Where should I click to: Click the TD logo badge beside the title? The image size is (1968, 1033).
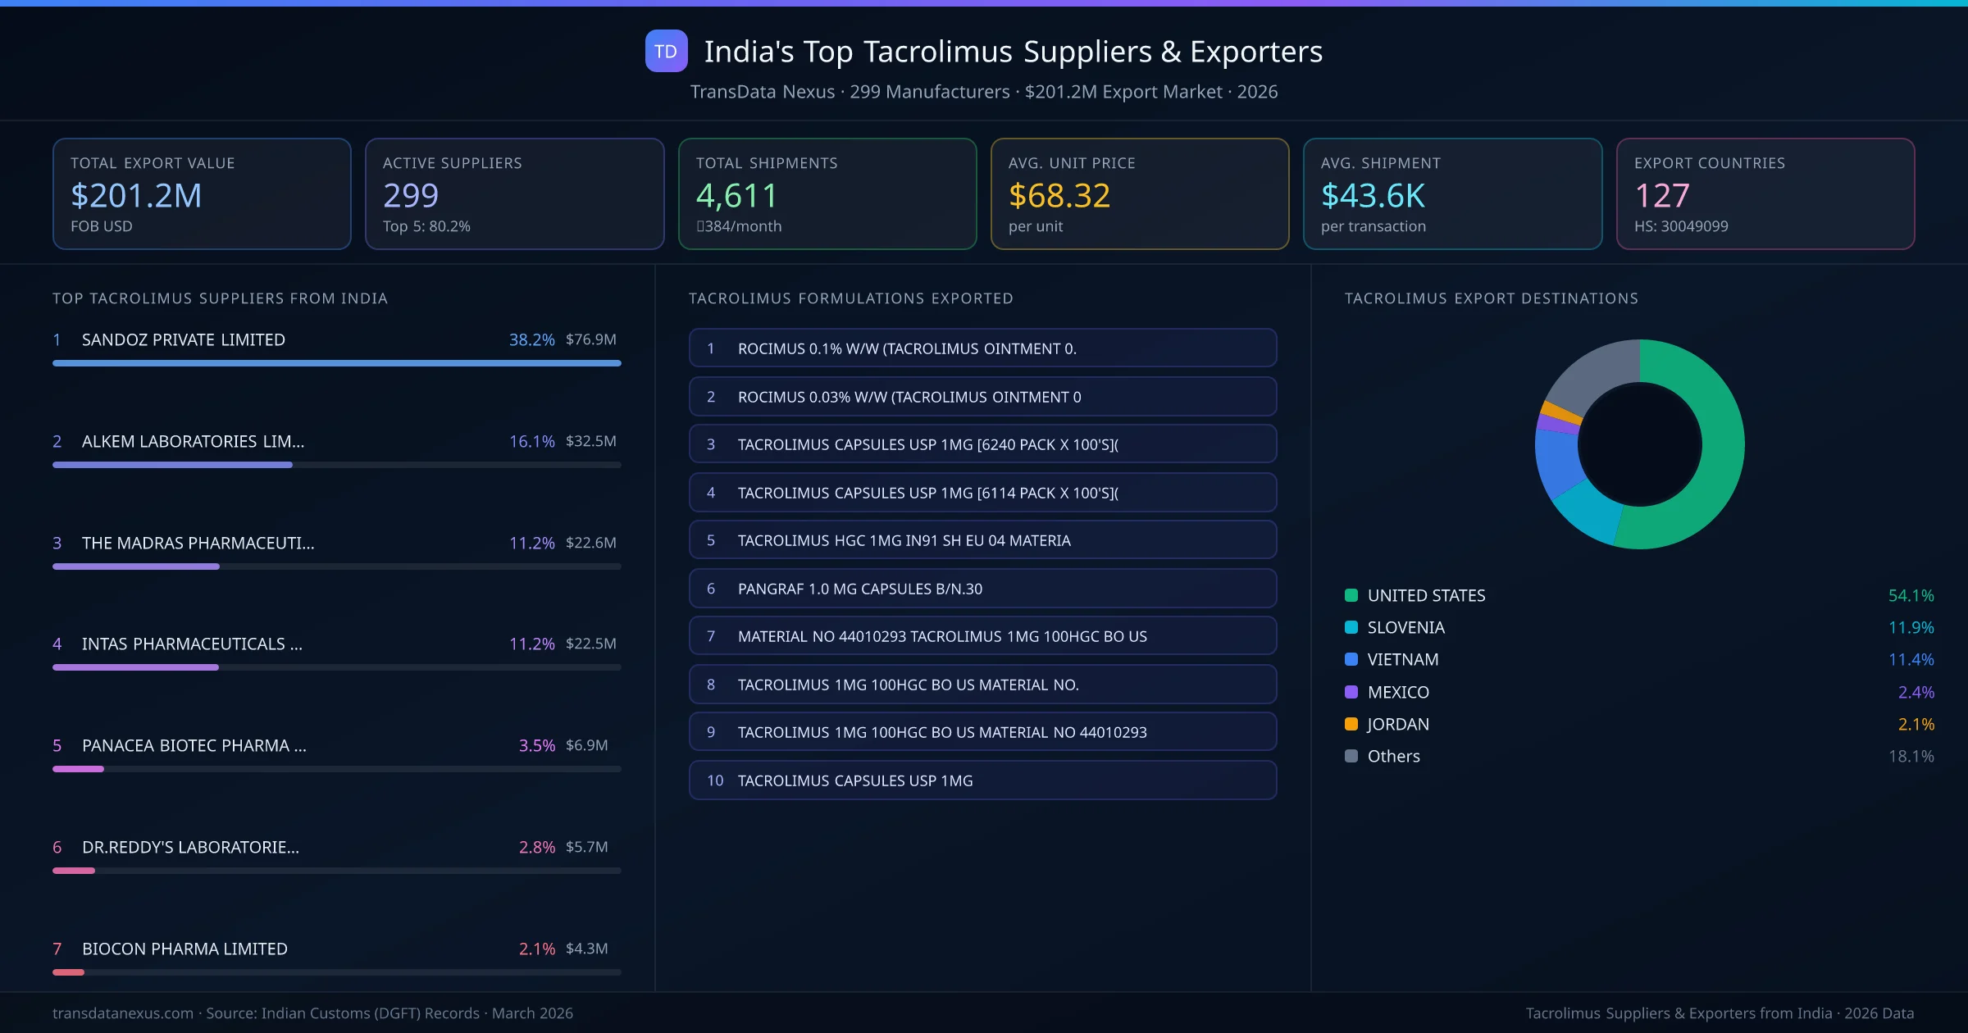tap(666, 51)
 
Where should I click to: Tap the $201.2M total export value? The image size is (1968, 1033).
tap(136, 195)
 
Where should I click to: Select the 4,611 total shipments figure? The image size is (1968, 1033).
tap(736, 195)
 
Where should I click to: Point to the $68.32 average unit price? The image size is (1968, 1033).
tap(1059, 195)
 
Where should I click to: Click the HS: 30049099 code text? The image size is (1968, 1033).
tap(1680, 226)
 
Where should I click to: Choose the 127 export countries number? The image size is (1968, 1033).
tap(1661, 195)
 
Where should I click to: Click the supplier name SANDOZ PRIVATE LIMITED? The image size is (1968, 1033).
tap(184, 339)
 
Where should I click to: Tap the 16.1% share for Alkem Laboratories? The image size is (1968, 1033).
tap(531, 441)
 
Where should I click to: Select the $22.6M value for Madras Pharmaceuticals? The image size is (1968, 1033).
tap(590, 543)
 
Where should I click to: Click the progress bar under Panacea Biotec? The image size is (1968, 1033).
tap(336, 769)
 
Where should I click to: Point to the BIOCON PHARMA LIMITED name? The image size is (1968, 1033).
tap(184, 949)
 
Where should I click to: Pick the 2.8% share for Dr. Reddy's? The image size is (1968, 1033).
tap(536, 847)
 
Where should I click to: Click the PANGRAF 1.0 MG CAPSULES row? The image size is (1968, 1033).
tap(982, 589)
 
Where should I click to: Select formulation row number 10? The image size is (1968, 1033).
tap(982, 780)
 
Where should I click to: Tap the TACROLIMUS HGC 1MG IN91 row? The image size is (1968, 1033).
tap(982, 540)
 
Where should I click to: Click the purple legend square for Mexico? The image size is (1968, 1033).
tap(1351, 692)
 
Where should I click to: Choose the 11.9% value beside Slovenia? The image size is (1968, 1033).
tap(1911, 627)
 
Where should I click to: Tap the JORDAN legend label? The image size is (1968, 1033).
tap(1398, 724)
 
